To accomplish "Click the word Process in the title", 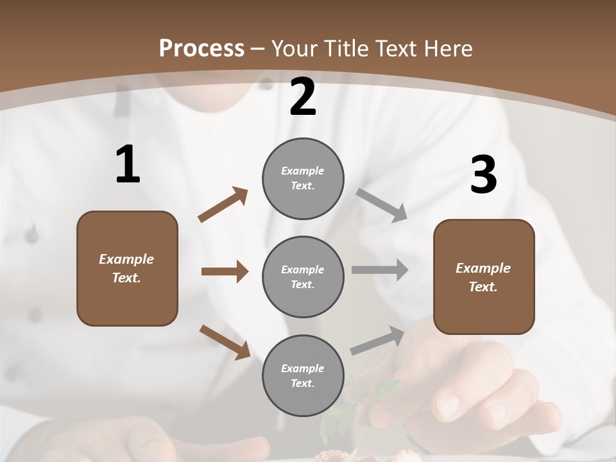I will tap(201, 49).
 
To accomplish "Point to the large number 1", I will tap(128, 165).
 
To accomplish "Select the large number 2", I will tap(303, 98).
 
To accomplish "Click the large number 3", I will tap(483, 175).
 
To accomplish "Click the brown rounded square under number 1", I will tap(127, 268).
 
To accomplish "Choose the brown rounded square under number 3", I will tap(484, 277).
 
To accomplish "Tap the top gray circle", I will tap(303, 178).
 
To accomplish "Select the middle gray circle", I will tap(303, 277).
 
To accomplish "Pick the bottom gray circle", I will tap(303, 376).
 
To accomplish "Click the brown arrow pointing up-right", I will tap(223, 205).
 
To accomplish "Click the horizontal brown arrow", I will tap(225, 271).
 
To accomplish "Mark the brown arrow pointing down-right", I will tap(225, 341).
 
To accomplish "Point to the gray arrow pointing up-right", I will tap(378, 340).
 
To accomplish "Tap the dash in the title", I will tap(258, 49).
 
